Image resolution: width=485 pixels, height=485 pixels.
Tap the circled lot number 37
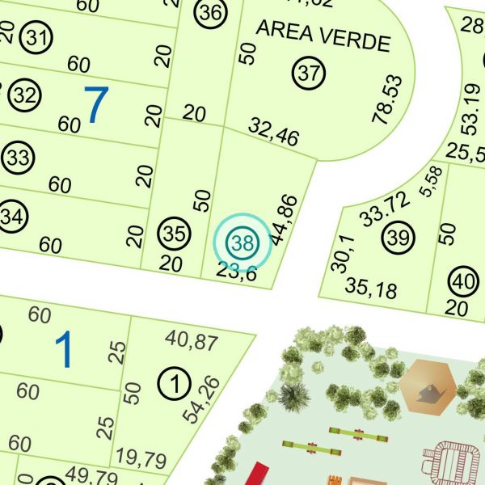click(308, 73)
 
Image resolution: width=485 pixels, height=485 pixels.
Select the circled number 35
click(174, 234)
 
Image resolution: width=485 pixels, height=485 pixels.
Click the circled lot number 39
click(398, 238)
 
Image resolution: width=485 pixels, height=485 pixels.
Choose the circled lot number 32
click(26, 96)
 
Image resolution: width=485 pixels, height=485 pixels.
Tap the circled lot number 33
click(19, 156)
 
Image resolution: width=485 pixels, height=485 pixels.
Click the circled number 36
click(210, 13)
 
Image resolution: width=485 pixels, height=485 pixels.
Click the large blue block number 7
click(96, 105)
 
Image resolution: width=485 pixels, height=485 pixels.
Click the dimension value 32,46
click(273, 132)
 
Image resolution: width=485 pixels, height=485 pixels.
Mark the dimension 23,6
click(237, 272)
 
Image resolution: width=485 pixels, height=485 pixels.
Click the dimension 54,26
click(201, 399)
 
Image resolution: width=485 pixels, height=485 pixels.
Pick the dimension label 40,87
click(191, 340)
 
